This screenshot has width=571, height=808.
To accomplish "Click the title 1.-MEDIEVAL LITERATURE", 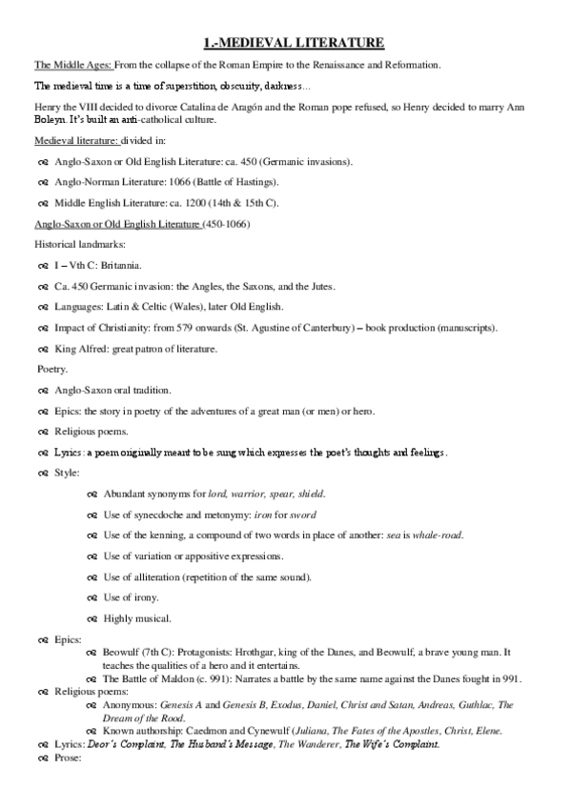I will coord(295,43).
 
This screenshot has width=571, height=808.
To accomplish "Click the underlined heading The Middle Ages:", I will coord(72,65).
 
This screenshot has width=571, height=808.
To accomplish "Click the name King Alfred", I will coord(81,349).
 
